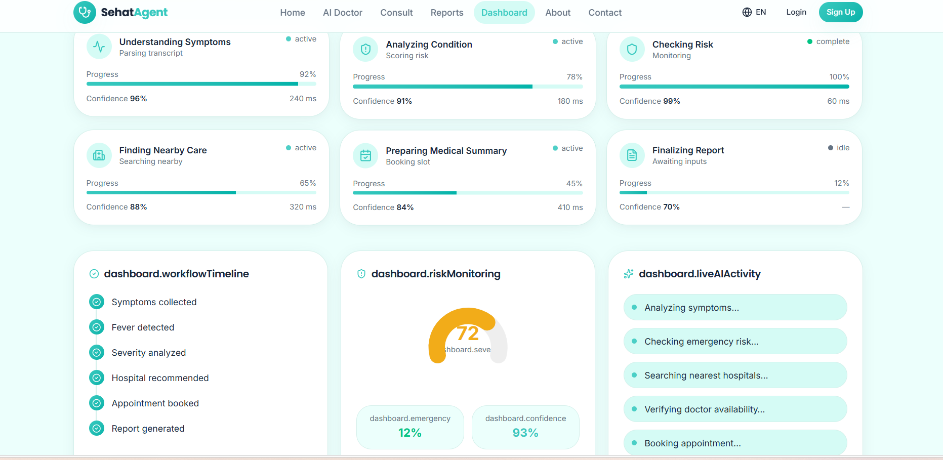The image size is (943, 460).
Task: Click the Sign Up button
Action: point(840,12)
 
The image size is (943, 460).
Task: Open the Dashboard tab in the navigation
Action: point(504,13)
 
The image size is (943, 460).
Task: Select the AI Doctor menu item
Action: point(343,13)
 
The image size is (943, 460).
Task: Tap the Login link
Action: point(796,12)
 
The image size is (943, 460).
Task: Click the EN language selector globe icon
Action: point(747,12)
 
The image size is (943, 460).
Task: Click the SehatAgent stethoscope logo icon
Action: point(85,12)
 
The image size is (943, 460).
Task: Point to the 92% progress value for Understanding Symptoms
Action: point(308,74)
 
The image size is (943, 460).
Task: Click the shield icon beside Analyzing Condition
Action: point(365,49)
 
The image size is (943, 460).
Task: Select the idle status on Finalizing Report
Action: point(839,148)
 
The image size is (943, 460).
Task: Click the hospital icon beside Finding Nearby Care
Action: point(99,155)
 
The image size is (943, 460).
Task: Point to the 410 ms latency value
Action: point(570,207)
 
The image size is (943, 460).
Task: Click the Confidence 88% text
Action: point(116,207)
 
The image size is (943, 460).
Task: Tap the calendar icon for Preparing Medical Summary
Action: point(365,155)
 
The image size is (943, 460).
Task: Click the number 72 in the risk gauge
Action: point(468,333)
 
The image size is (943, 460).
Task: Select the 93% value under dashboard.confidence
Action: point(525,433)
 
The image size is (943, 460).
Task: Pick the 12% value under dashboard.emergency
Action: point(410,433)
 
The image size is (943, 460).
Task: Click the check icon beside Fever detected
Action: point(97,327)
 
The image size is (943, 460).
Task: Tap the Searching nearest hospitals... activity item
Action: point(735,375)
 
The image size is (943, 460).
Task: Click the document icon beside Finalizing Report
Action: point(632,155)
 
